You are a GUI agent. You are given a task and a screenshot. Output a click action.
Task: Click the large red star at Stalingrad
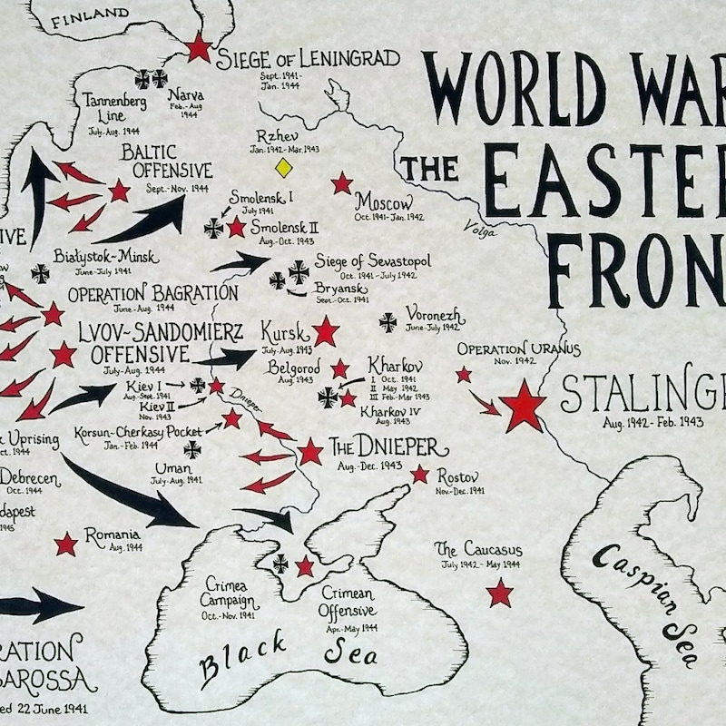tap(524, 406)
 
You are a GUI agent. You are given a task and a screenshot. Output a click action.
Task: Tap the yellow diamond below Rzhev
tap(283, 167)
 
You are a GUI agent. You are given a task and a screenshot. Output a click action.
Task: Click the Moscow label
tap(383, 201)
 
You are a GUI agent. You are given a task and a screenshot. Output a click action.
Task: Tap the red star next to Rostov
tap(419, 474)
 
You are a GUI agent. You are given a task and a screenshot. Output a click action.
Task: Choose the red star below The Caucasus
tap(499, 594)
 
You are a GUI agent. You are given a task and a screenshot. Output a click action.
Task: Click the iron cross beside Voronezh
tap(388, 321)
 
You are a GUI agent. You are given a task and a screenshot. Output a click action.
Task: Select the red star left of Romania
tap(65, 544)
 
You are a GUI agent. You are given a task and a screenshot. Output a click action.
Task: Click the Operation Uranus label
tap(518, 349)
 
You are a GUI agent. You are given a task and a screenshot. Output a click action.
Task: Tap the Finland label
tap(90, 14)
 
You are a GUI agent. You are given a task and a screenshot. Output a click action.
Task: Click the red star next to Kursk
tap(325, 331)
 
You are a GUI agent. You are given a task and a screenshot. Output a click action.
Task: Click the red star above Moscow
tap(341, 183)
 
